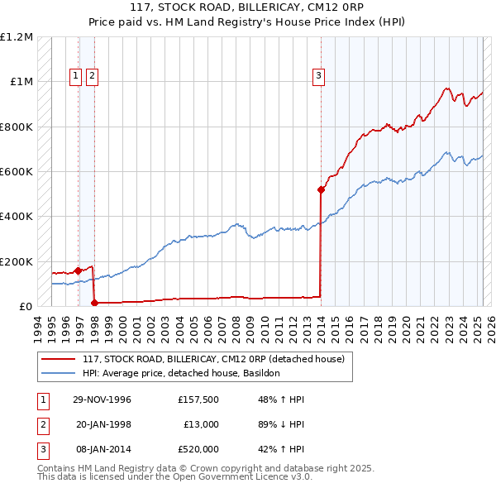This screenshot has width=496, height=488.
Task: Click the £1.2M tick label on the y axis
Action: click(x=17, y=37)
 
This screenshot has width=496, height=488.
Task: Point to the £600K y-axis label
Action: click(x=17, y=172)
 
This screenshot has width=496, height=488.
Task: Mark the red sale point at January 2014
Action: click(x=321, y=189)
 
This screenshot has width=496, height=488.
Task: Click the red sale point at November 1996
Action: click(x=78, y=270)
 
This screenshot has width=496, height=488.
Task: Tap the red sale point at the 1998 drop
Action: click(x=94, y=303)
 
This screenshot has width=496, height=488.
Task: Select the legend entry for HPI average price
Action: click(x=181, y=373)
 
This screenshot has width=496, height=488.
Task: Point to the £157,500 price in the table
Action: click(x=198, y=400)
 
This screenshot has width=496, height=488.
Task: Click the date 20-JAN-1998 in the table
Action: click(x=103, y=424)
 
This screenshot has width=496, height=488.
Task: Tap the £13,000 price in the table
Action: click(x=201, y=424)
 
